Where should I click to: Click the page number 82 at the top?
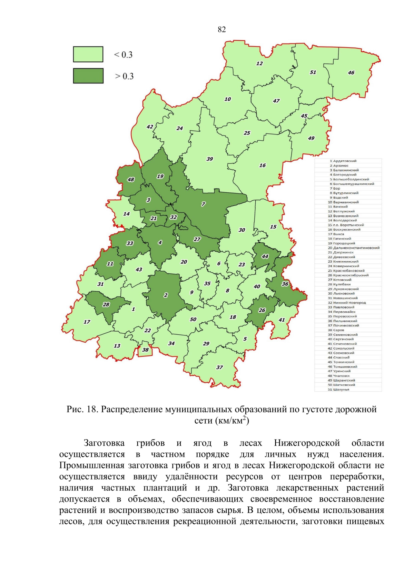coord(222,30)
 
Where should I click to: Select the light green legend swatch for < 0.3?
coord(88,54)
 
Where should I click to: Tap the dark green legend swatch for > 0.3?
coord(88,76)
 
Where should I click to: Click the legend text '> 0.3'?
coord(124,76)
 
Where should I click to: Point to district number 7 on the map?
coord(203,204)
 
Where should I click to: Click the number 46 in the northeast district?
coord(351,73)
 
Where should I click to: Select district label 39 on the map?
coord(209,159)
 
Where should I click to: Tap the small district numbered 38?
coord(145,350)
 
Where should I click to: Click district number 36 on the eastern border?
coord(285,284)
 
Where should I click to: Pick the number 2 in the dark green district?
coord(166,295)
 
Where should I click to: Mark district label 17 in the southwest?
coord(87,322)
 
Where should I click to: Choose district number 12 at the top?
coord(259,63)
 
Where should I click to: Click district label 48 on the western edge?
coord(131,180)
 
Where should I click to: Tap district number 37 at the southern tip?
coord(219,367)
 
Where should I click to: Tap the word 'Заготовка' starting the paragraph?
coord(104,443)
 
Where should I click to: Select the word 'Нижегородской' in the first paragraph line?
coord(307,443)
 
